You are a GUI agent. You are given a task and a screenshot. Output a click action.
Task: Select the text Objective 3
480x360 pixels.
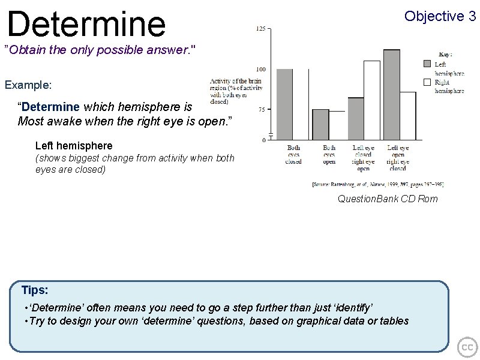click(440, 16)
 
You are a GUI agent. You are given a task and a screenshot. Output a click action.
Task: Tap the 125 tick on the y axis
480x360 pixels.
click(262, 29)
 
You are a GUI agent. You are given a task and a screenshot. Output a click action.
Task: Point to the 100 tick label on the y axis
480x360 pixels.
click(262, 69)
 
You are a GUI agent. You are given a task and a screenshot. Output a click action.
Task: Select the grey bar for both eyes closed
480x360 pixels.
click(284, 104)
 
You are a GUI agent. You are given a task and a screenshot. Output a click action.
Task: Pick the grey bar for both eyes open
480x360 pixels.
click(320, 124)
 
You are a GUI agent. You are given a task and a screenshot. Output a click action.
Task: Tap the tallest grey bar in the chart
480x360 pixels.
click(391, 94)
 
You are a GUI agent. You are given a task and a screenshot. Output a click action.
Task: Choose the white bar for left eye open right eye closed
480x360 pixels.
click(408, 115)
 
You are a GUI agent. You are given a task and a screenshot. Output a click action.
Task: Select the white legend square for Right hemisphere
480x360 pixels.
click(427, 82)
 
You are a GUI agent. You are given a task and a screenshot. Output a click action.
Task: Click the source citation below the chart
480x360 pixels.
click(377, 185)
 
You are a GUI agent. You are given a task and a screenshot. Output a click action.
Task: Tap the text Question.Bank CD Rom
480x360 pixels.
click(388, 199)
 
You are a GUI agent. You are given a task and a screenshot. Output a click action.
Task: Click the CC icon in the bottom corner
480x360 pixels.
click(467, 347)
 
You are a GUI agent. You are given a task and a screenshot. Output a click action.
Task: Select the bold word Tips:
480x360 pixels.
click(35, 290)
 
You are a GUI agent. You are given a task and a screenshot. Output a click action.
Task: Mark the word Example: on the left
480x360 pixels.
click(28, 85)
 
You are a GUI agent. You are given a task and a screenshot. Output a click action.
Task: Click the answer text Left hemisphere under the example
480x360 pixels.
click(74, 146)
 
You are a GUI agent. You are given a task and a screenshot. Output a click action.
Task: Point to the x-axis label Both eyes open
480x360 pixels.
click(329, 154)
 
